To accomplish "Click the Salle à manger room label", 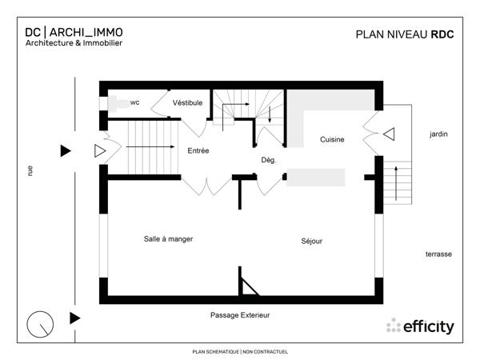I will [168, 238].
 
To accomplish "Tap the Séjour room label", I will [312, 241].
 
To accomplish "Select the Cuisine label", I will [332, 140].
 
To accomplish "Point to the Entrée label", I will [198, 150].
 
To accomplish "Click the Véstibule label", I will [188, 102].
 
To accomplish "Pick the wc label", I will [135, 102].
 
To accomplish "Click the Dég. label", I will [269, 160].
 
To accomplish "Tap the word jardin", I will [438, 134].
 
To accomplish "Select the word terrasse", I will [438, 254].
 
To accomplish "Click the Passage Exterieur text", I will [240, 315].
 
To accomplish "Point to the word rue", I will [30, 170].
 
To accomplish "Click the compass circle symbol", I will [40, 324].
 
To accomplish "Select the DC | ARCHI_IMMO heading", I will [74, 32].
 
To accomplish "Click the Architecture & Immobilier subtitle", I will [74, 43].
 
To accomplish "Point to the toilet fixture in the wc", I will [115, 102].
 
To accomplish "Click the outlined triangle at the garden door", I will [389, 134].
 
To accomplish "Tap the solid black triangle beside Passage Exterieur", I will [75, 318].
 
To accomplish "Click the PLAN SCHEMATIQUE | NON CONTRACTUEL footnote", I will [240, 351].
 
